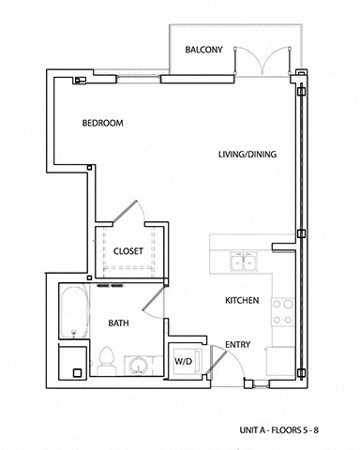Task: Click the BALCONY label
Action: (203, 50)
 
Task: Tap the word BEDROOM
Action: (103, 123)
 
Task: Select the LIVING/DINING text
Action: (247, 155)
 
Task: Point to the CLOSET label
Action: (127, 251)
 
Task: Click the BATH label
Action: (118, 323)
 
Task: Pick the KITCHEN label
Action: (242, 301)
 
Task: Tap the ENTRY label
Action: (238, 345)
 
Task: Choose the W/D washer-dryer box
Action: (182, 360)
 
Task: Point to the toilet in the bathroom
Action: (106, 359)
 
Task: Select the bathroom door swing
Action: (154, 301)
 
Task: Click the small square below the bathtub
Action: (68, 361)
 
